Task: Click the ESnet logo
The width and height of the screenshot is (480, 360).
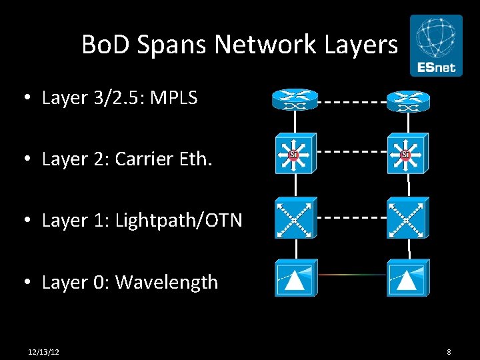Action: [436, 45]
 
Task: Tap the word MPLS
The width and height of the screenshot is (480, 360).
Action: [174, 98]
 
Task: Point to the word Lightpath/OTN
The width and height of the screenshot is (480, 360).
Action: [179, 221]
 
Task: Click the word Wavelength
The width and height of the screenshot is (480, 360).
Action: [167, 282]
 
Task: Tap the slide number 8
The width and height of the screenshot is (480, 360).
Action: [449, 351]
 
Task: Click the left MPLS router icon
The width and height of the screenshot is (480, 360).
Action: [295, 101]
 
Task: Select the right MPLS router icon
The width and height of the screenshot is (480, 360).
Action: [408, 101]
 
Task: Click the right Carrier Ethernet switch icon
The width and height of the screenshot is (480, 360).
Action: [408, 153]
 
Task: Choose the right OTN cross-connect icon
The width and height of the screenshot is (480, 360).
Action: [408, 217]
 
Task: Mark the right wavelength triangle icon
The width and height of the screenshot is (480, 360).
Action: [408, 278]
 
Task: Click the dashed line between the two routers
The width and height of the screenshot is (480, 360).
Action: [352, 102]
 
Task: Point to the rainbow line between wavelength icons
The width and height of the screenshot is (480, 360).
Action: [352, 274]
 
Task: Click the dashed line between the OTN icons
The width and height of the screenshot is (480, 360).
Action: [352, 217]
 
